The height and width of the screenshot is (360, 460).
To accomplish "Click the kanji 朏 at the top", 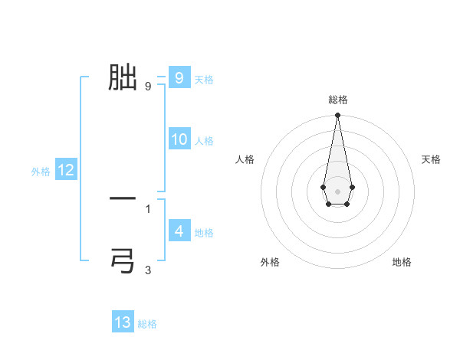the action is (x=123, y=77).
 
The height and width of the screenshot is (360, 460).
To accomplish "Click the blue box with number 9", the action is (x=179, y=77).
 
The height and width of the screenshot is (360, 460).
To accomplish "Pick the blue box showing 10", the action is (x=179, y=139).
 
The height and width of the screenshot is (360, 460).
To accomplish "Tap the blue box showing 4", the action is (x=179, y=231).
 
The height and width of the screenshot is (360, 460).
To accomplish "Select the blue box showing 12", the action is (x=66, y=170).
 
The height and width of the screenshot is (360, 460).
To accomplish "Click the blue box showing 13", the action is (x=123, y=322).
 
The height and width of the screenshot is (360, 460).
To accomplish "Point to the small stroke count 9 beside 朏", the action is (x=148, y=86).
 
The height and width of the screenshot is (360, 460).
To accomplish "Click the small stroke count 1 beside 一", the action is (x=148, y=208).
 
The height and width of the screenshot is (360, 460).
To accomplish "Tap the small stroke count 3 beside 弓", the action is (x=148, y=270).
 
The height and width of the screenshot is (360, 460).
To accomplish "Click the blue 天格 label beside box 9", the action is (x=204, y=80).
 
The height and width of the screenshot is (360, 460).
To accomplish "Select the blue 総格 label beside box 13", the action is (x=147, y=324).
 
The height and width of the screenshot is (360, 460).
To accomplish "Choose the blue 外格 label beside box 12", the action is (x=41, y=172).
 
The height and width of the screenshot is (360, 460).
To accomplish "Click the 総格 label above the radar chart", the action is (x=338, y=100).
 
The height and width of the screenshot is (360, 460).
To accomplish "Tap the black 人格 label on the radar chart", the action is (x=245, y=159).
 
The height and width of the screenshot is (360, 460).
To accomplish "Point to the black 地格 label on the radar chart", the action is (x=402, y=262).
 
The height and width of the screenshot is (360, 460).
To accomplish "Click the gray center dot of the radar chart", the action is (x=338, y=191).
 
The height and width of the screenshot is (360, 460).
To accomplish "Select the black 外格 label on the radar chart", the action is (x=270, y=262).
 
